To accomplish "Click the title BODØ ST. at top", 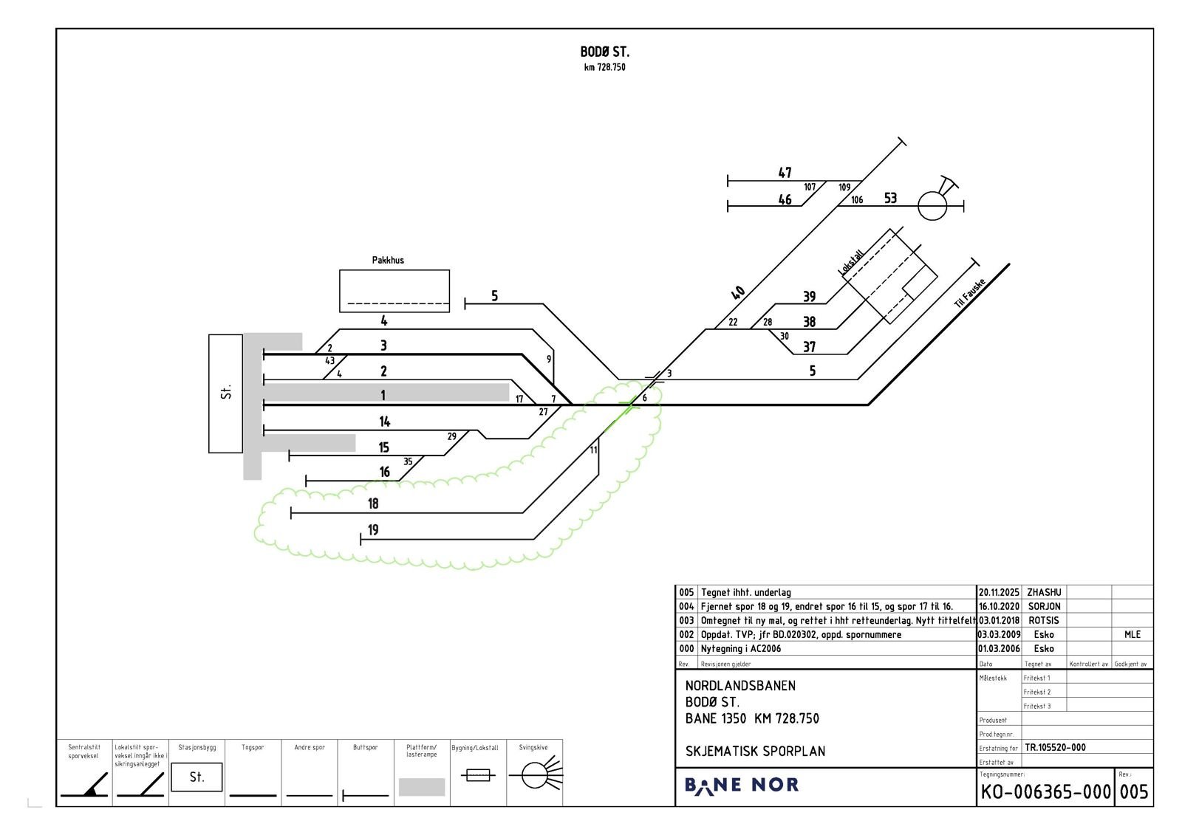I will click(x=604, y=52).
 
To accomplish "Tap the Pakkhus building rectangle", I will click(x=394, y=290).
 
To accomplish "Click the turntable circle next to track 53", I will click(x=932, y=206).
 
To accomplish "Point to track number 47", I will click(x=785, y=173).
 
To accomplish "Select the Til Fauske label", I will click(x=969, y=293).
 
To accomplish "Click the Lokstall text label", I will click(x=851, y=263).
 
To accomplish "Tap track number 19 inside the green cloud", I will click(x=373, y=530).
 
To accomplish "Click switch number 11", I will click(x=593, y=450).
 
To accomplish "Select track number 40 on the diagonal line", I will click(x=737, y=293).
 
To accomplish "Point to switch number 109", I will click(x=844, y=188).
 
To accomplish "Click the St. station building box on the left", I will click(x=225, y=393).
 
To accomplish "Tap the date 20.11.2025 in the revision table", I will click(x=999, y=592).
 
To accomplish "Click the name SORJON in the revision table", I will click(x=1044, y=606).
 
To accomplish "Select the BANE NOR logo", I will click(x=741, y=785).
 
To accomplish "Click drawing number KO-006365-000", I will click(x=1045, y=792).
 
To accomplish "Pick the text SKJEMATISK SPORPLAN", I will click(x=755, y=751).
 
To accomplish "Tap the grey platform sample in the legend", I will click(x=421, y=786).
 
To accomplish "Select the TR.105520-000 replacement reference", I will click(x=1055, y=747).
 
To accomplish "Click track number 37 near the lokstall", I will click(x=809, y=347).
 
